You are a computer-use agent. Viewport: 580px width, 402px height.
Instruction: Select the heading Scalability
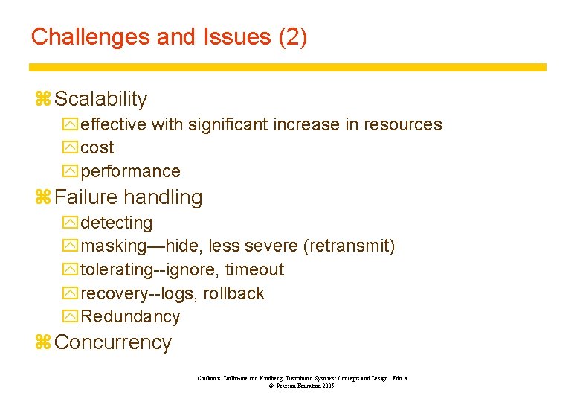pos(101,99)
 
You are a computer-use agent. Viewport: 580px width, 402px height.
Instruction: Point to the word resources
pos(403,124)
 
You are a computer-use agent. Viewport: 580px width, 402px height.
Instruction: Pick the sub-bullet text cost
pos(97,148)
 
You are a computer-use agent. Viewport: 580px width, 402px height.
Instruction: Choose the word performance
pos(130,171)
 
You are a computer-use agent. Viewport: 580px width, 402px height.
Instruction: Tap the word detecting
pos(117,223)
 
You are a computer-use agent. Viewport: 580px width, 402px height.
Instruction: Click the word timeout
pos(255,269)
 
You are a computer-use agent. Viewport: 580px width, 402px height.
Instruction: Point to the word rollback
pos(234,293)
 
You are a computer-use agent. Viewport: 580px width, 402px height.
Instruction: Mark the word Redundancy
pos(130,316)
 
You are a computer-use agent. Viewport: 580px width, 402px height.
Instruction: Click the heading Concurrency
pos(113,342)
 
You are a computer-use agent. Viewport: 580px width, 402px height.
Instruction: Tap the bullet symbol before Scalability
pos(42,99)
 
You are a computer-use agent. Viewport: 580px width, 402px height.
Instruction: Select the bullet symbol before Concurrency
pos(42,342)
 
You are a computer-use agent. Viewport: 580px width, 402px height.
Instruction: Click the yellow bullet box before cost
pos(71,148)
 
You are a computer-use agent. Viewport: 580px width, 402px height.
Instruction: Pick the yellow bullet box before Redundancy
pos(71,316)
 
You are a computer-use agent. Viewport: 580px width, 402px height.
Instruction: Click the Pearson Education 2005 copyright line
pos(297,386)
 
